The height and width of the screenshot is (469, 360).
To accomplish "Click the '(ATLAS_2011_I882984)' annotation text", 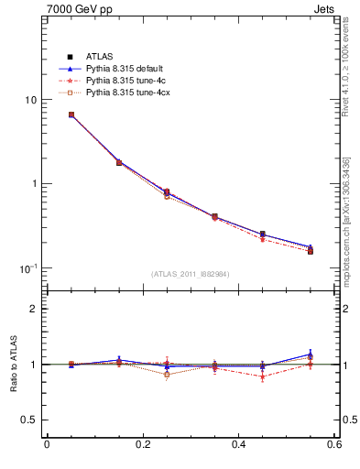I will point(190,274).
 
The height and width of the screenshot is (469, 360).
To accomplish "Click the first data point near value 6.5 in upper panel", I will point(71,115).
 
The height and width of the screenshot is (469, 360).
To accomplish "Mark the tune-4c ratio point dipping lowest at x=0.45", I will point(263,376).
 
